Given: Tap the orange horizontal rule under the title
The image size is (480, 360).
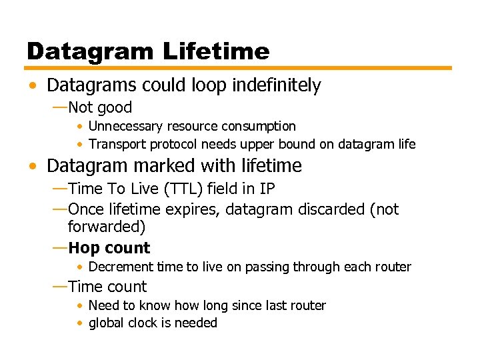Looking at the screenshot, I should tap(239, 68).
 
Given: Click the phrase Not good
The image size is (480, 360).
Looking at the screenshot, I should tap(100, 107).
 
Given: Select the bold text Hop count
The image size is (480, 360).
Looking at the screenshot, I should tap(109, 248).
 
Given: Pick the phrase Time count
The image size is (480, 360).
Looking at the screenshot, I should tap(107, 287).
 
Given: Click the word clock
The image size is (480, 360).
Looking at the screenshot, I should tap(143, 323).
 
